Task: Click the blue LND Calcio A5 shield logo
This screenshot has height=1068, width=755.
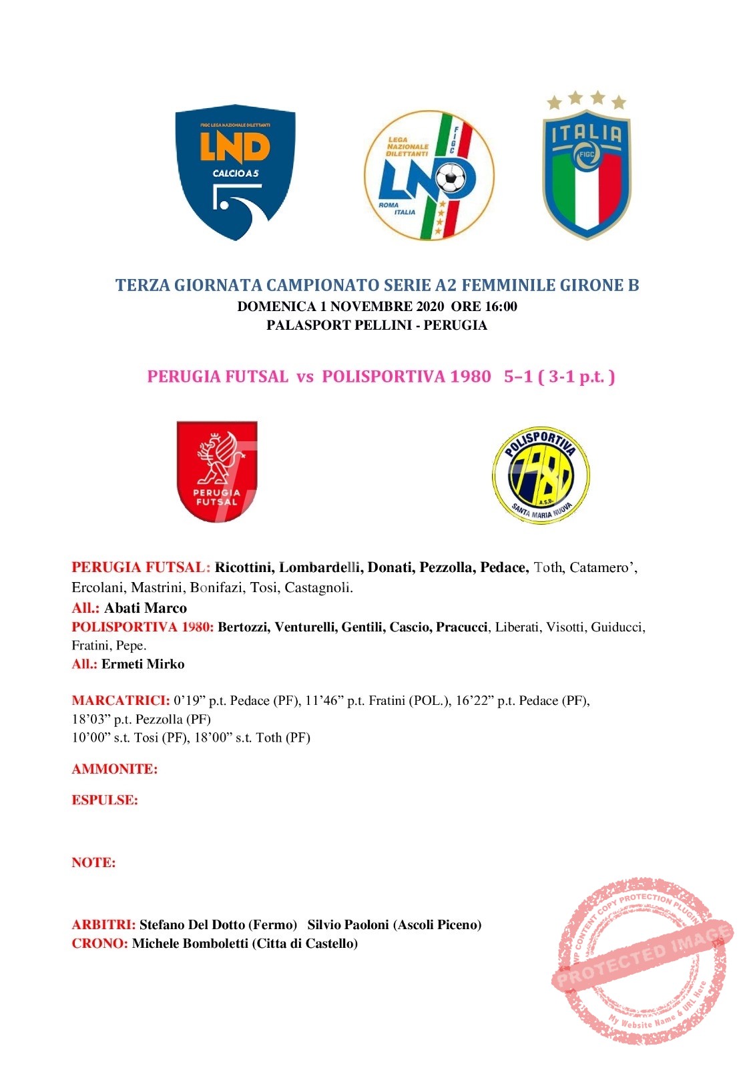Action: pos(235,172)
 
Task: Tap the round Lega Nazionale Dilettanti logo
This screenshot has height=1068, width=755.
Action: pos(429,176)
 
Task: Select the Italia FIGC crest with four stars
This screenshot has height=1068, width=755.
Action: pos(586,167)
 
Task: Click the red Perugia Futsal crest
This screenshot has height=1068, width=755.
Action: pos(217,472)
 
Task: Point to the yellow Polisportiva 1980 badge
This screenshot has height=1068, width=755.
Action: pos(541,475)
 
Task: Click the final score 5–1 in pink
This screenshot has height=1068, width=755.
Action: pos(518,376)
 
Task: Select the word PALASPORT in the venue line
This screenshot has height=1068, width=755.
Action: pos(298,325)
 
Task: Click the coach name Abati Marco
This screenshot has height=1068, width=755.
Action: pos(146,608)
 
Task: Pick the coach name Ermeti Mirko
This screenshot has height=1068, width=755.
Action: pos(143,664)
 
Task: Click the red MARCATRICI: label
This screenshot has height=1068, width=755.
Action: pos(121,701)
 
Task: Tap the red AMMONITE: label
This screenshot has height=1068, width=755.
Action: pos(115,769)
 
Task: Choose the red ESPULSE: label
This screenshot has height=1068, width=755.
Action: pos(105,800)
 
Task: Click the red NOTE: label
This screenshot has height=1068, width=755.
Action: pos(93,862)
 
